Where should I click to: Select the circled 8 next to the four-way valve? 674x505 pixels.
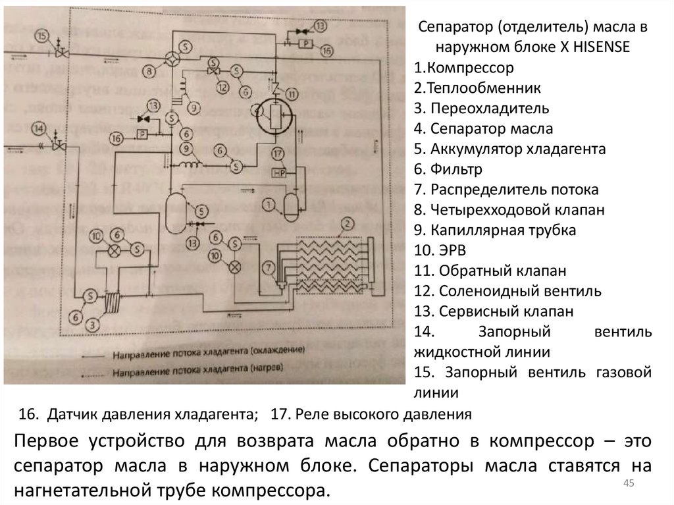click(x=150, y=67)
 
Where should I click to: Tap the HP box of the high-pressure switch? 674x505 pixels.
click(x=278, y=172)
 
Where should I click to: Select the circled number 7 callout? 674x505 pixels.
click(x=269, y=267)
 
